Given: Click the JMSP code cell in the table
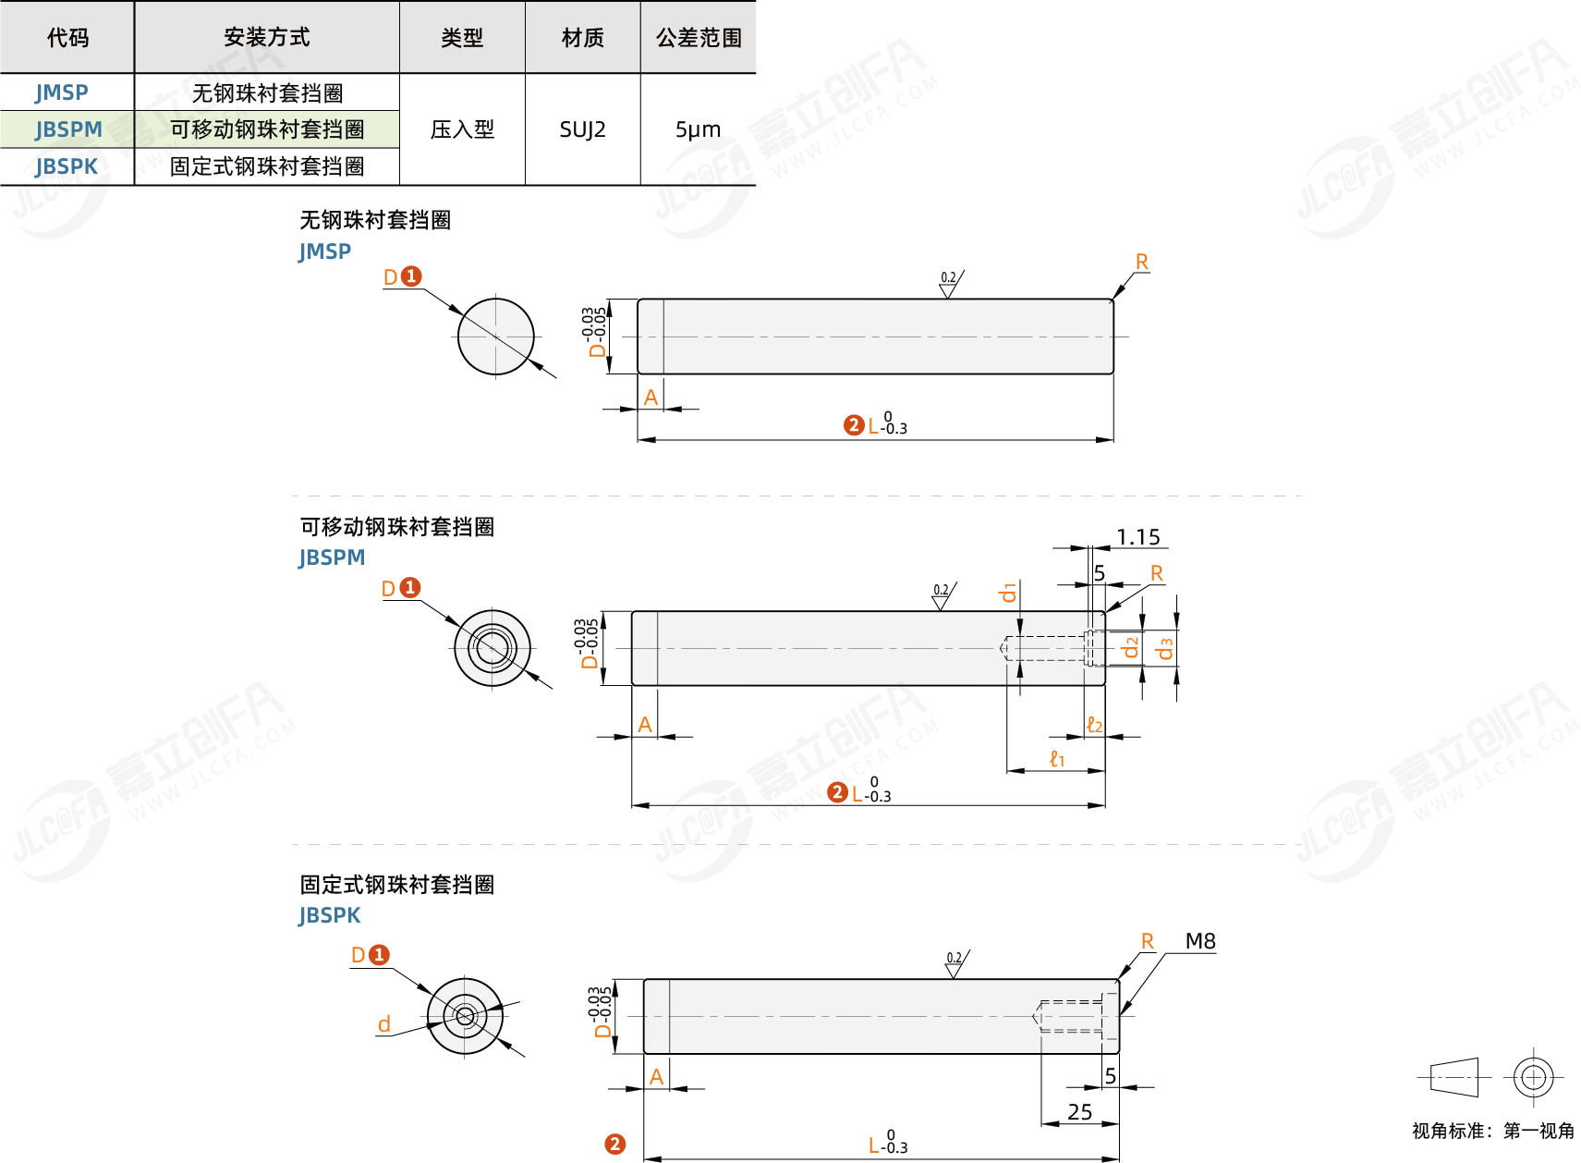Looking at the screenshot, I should [x=62, y=92].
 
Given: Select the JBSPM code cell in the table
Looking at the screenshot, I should [x=68, y=129].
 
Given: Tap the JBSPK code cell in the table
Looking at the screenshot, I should [x=67, y=166].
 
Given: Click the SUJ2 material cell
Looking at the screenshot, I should [x=582, y=129].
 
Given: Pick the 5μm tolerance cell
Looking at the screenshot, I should [x=698, y=129].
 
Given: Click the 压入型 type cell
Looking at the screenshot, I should [x=462, y=129].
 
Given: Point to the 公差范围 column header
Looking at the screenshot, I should [x=699, y=38].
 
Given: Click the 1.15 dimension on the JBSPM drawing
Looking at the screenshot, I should [x=1137, y=537].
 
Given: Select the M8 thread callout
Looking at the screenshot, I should [x=1200, y=941].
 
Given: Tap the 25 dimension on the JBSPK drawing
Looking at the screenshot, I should [x=1079, y=1112].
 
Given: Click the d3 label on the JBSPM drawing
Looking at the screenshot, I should [x=1165, y=649].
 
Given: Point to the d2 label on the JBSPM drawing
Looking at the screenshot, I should [x=1130, y=647].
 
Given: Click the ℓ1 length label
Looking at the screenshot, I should [x=1057, y=759].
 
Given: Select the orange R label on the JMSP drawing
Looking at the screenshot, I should [x=1142, y=263].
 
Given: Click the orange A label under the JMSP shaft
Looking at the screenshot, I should [x=651, y=398].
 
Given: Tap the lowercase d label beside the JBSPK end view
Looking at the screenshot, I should [x=384, y=1024].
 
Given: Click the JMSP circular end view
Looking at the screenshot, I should [x=496, y=337].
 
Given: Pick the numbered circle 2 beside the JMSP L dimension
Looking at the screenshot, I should [x=854, y=425].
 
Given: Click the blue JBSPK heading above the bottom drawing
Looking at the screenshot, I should [x=329, y=915].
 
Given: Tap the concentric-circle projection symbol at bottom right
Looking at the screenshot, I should [x=1533, y=1077].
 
